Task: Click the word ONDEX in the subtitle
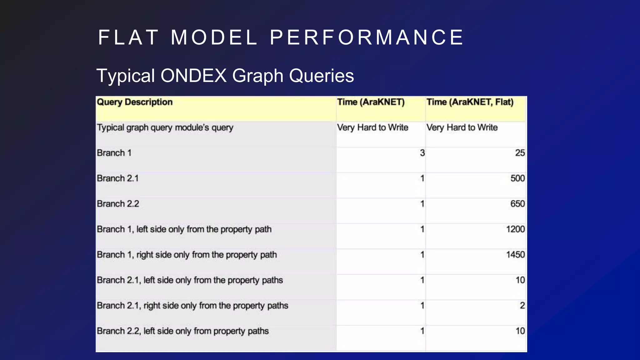pyautogui.click(x=193, y=76)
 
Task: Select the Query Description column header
pyautogui.click(x=135, y=102)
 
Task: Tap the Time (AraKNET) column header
pyautogui.click(x=371, y=102)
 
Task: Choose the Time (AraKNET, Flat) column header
pyautogui.click(x=470, y=102)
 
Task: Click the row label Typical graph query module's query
pyautogui.click(x=165, y=127)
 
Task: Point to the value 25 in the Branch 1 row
pyautogui.click(x=520, y=153)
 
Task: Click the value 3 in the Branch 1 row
pyautogui.click(x=422, y=153)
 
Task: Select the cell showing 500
pyautogui.click(x=517, y=178)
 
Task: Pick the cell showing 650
pyautogui.click(x=517, y=204)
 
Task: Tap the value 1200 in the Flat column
pyautogui.click(x=515, y=229)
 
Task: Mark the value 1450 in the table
pyautogui.click(x=515, y=255)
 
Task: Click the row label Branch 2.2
pyautogui.click(x=118, y=204)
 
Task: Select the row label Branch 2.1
pyautogui.click(x=117, y=178)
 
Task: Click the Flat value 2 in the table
pyautogui.click(x=522, y=306)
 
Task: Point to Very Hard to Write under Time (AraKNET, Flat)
pyautogui.click(x=462, y=127)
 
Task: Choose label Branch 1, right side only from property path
pyautogui.click(x=187, y=255)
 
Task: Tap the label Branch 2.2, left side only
pyautogui.click(x=182, y=331)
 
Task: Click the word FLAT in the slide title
pyautogui.click(x=128, y=37)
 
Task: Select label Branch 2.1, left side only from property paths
pyautogui.click(x=190, y=280)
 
